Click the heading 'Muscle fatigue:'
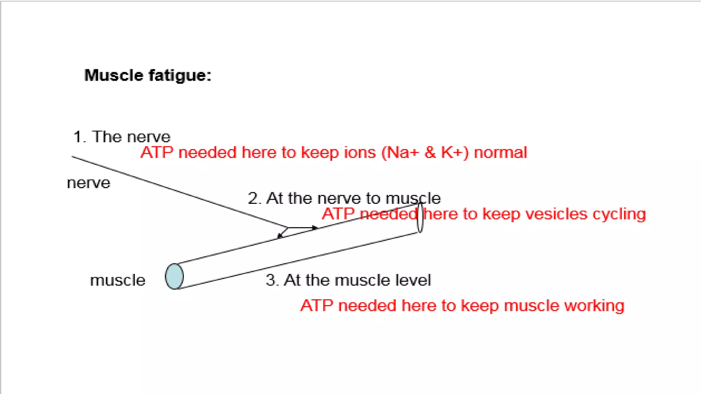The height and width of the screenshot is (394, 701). [148, 75]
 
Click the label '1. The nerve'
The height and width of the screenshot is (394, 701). [122, 137]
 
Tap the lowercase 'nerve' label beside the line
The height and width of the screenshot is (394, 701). [89, 183]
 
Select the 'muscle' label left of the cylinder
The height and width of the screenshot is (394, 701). [117, 280]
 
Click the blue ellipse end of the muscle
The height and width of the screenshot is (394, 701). [174, 276]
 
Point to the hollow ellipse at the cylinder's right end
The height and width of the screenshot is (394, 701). [420, 218]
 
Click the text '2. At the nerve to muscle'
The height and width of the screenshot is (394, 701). [344, 198]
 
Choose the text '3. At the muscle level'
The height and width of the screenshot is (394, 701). [348, 280]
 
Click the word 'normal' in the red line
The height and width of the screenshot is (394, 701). [500, 153]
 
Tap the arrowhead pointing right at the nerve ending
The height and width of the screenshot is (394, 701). [315, 227]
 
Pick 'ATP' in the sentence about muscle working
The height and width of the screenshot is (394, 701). [317, 305]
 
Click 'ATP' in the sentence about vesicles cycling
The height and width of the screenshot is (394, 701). [338, 214]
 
